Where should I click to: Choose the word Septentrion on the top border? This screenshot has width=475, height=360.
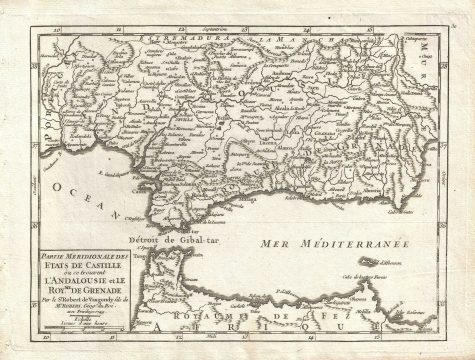pyautogui.click(x=232, y=22)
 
